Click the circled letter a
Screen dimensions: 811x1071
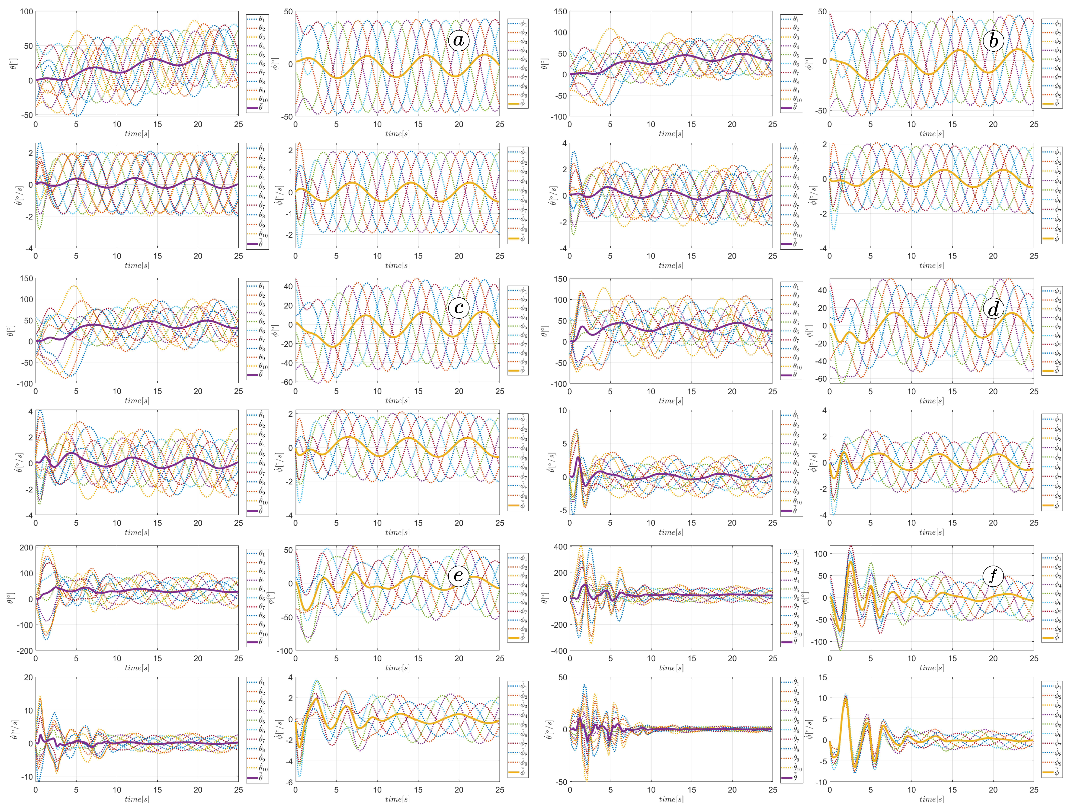[x=458, y=41]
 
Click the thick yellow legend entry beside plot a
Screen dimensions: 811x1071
[x=518, y=104]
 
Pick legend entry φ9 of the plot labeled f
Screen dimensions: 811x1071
[x=1051, y=629]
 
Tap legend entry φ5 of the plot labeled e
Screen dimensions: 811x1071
[x=518, y=594]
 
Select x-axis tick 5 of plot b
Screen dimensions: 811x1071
[x=870, y=124]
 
